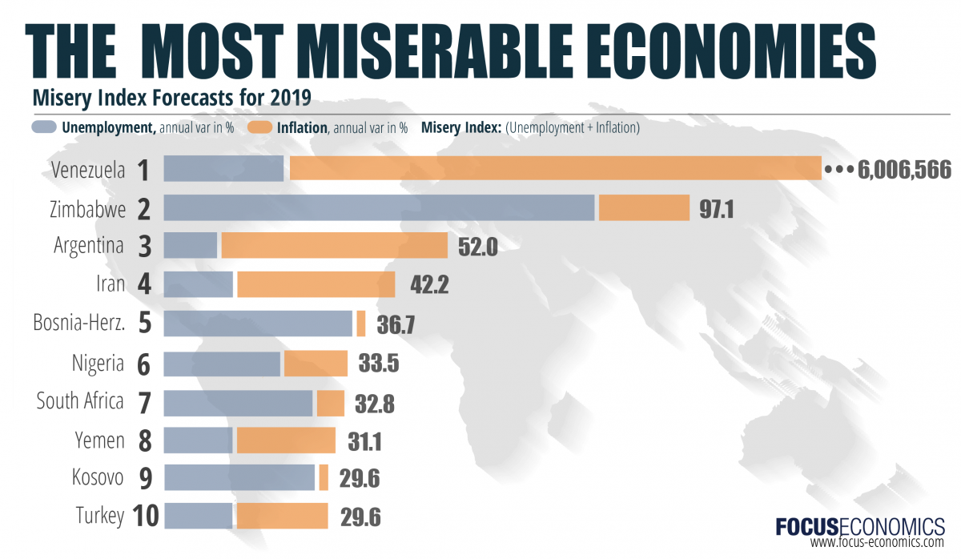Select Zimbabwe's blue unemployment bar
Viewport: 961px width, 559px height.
coord(379,207)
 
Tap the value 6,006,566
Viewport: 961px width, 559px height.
coord(904,170)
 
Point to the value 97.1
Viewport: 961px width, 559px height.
coord(715,209)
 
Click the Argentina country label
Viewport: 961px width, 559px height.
coord(88,245)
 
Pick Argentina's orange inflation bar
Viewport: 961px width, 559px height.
coord(334,245)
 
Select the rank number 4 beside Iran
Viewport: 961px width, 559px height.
coord(144,284)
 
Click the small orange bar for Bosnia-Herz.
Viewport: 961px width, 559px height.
coord(361,323)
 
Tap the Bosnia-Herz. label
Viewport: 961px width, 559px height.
coord(78,323)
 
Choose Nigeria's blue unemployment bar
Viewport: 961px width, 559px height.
coord(222,364)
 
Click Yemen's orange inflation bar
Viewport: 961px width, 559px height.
coord(286,440)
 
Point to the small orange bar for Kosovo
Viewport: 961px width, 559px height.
coord(324,478)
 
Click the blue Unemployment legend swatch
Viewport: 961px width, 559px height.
coord(44,127)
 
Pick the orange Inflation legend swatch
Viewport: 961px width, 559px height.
coord(260,127)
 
